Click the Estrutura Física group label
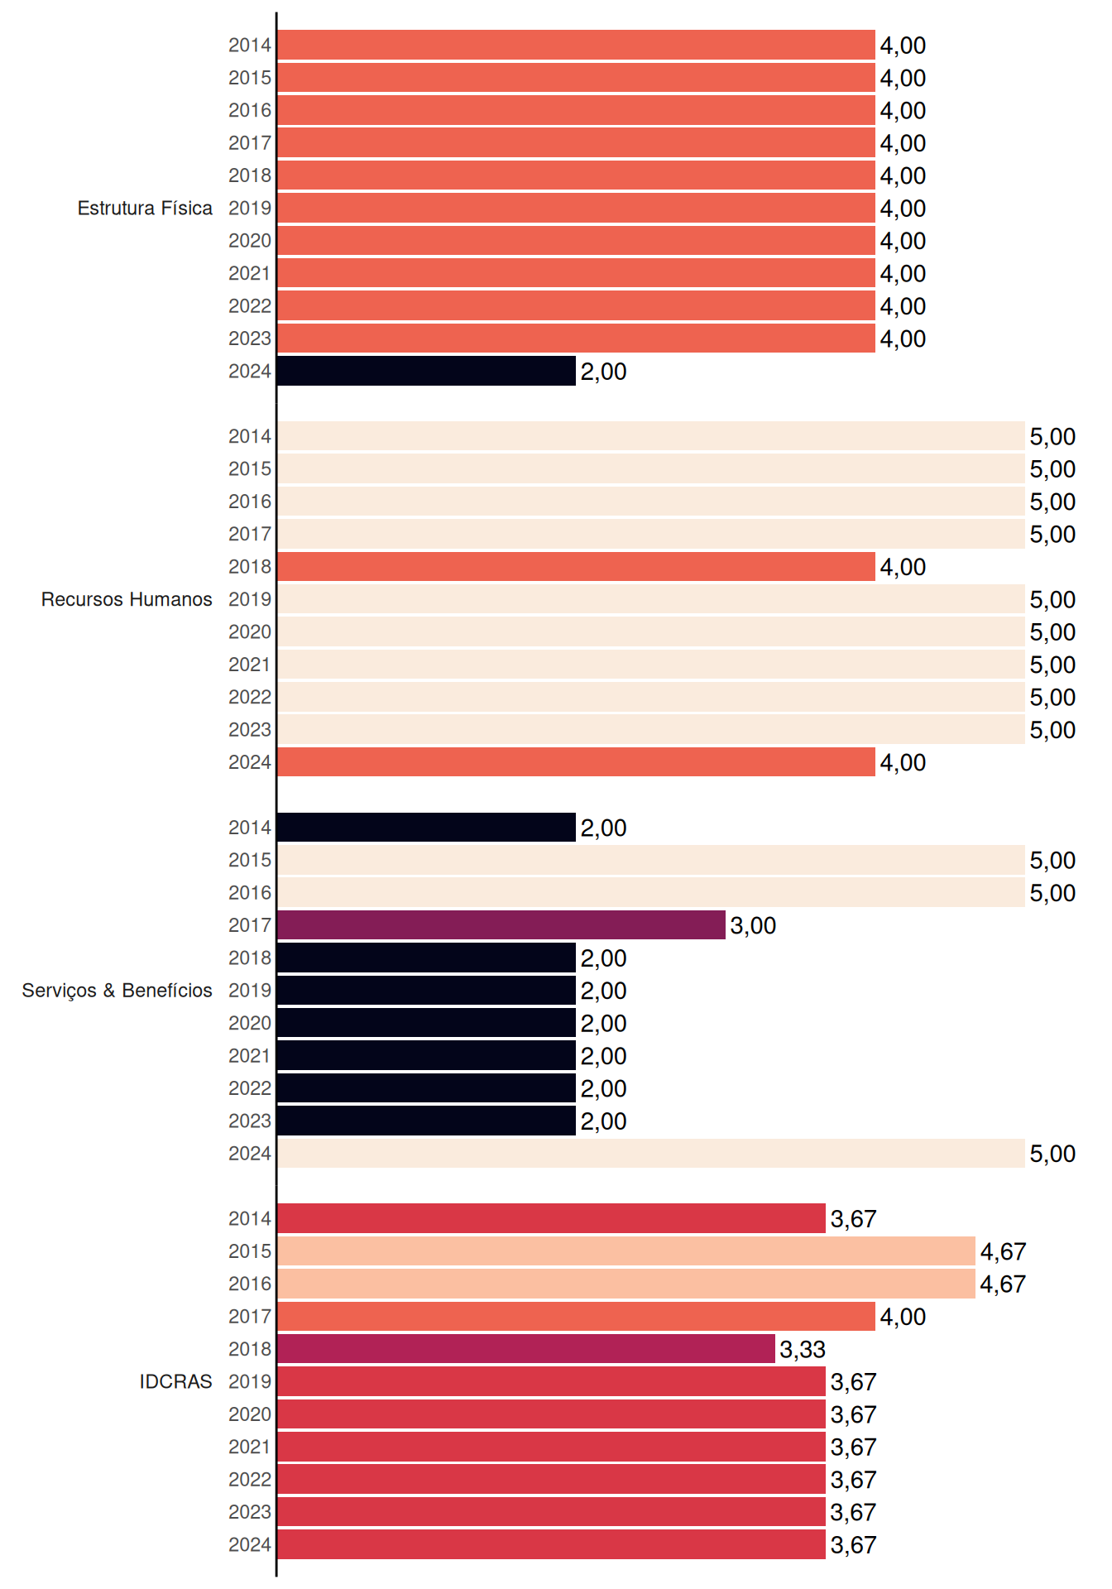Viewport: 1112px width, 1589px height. (x=145, y=208)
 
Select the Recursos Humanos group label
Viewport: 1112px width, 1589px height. (x=127, y=599)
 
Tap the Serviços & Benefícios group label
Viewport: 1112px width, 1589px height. (x=117, y=991)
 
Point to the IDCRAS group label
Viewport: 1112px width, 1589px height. (x=175, y=1381)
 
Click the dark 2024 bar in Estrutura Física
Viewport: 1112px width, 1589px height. (x=426, y=371)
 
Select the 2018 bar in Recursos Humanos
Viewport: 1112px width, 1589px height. (x=576, y=567)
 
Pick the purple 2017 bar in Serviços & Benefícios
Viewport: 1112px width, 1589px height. (x=501, y=925)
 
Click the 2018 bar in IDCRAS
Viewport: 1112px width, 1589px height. (x=526, y=1349)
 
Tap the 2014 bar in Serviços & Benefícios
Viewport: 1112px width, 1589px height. (x=426, y=828)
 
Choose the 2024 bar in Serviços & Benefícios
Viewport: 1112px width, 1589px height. (x=651, y=1154)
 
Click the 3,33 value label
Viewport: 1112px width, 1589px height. (x=803, y=1350)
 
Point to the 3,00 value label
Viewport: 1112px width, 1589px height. (x=753, y=926)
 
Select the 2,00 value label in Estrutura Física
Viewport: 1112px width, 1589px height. (x=603, y=372)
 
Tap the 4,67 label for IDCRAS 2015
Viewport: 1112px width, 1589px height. (x=1003, y=1252)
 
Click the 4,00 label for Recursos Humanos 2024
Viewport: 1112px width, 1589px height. (x=903, y=763)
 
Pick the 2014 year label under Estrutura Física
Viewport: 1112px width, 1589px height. (x=250, y=46)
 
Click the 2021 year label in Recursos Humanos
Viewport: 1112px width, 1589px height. (x=250, y=665)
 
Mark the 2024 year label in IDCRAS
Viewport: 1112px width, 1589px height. (x=250, y=1545)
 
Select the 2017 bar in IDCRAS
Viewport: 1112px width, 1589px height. (x=576, y=1316)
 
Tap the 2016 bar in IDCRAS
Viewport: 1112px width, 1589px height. (x=626, y=1284)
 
